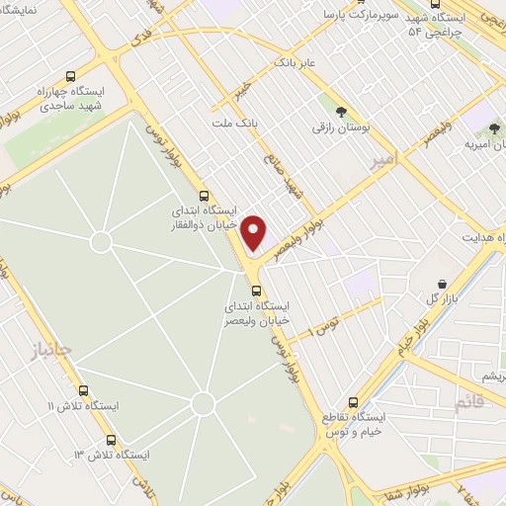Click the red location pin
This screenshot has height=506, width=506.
[255, 232]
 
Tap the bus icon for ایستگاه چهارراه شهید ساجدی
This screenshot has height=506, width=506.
[69, 76]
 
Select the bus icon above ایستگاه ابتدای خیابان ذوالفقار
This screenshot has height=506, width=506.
[204, 195]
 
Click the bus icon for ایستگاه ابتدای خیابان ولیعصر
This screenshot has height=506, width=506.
[257, 291]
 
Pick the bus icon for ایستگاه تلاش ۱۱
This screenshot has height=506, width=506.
[83, 390]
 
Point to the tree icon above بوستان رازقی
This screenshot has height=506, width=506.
[342, 112]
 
